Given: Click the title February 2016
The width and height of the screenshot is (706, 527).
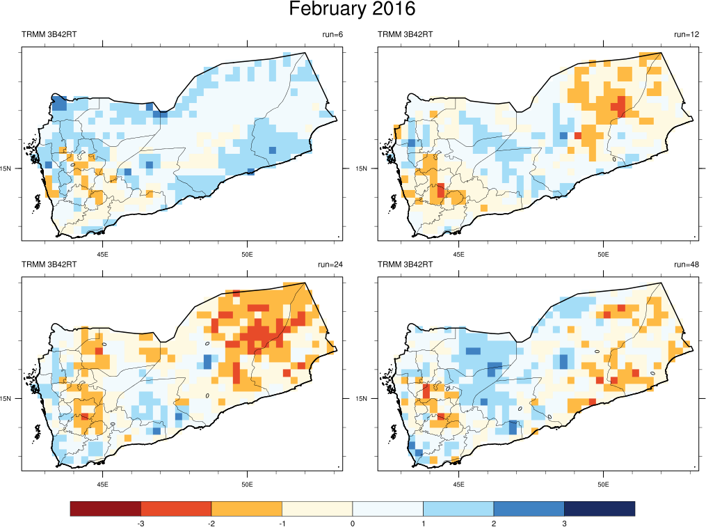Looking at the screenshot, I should pos(352,10).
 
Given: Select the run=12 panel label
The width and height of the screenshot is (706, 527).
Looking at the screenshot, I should pos(686,34).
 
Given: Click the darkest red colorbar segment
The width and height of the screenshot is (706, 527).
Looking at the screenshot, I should pos(106,509).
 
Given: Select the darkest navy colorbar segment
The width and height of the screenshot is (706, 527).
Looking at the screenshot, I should pos(599,509).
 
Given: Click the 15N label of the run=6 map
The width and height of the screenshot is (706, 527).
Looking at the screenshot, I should pos(7,168).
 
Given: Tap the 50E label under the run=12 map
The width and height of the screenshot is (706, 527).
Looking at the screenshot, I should pos(602,253).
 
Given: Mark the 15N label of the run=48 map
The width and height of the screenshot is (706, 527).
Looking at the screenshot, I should pos(362,399).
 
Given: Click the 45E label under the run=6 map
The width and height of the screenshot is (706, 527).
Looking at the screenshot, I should pos(103,253).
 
